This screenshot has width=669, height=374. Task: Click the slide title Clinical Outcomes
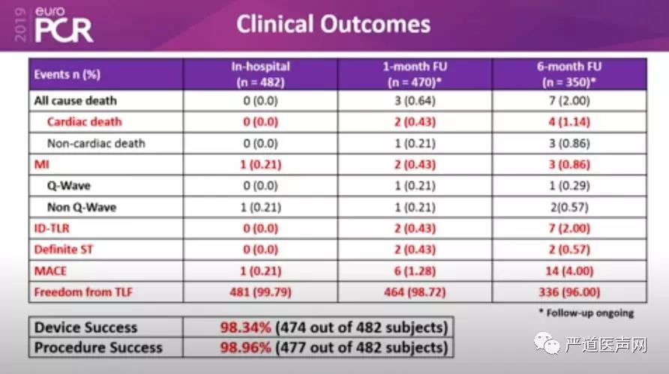click(334, 24)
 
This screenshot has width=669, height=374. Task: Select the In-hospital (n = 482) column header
click(260, 74)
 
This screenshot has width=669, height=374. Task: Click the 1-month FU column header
click(415, 74)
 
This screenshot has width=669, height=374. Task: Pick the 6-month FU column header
click(570, 74)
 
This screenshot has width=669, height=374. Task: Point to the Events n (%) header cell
click(67, 74)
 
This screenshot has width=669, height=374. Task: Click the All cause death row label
click(74, 100)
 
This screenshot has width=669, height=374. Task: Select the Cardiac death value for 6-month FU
click(570, 121)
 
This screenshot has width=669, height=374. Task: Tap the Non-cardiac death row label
click(96, 143)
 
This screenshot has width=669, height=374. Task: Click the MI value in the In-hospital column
click(260, 164)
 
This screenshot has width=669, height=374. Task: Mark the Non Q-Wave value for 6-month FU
click(570, 207)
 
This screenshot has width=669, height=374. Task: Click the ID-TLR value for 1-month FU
click(415, 229)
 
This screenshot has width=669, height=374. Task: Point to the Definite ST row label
click(64, 250)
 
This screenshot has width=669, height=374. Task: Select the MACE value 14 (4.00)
click(570, 271)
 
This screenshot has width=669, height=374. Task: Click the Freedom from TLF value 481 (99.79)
click(260, 292)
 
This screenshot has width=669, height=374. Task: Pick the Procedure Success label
click(98, 347)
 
